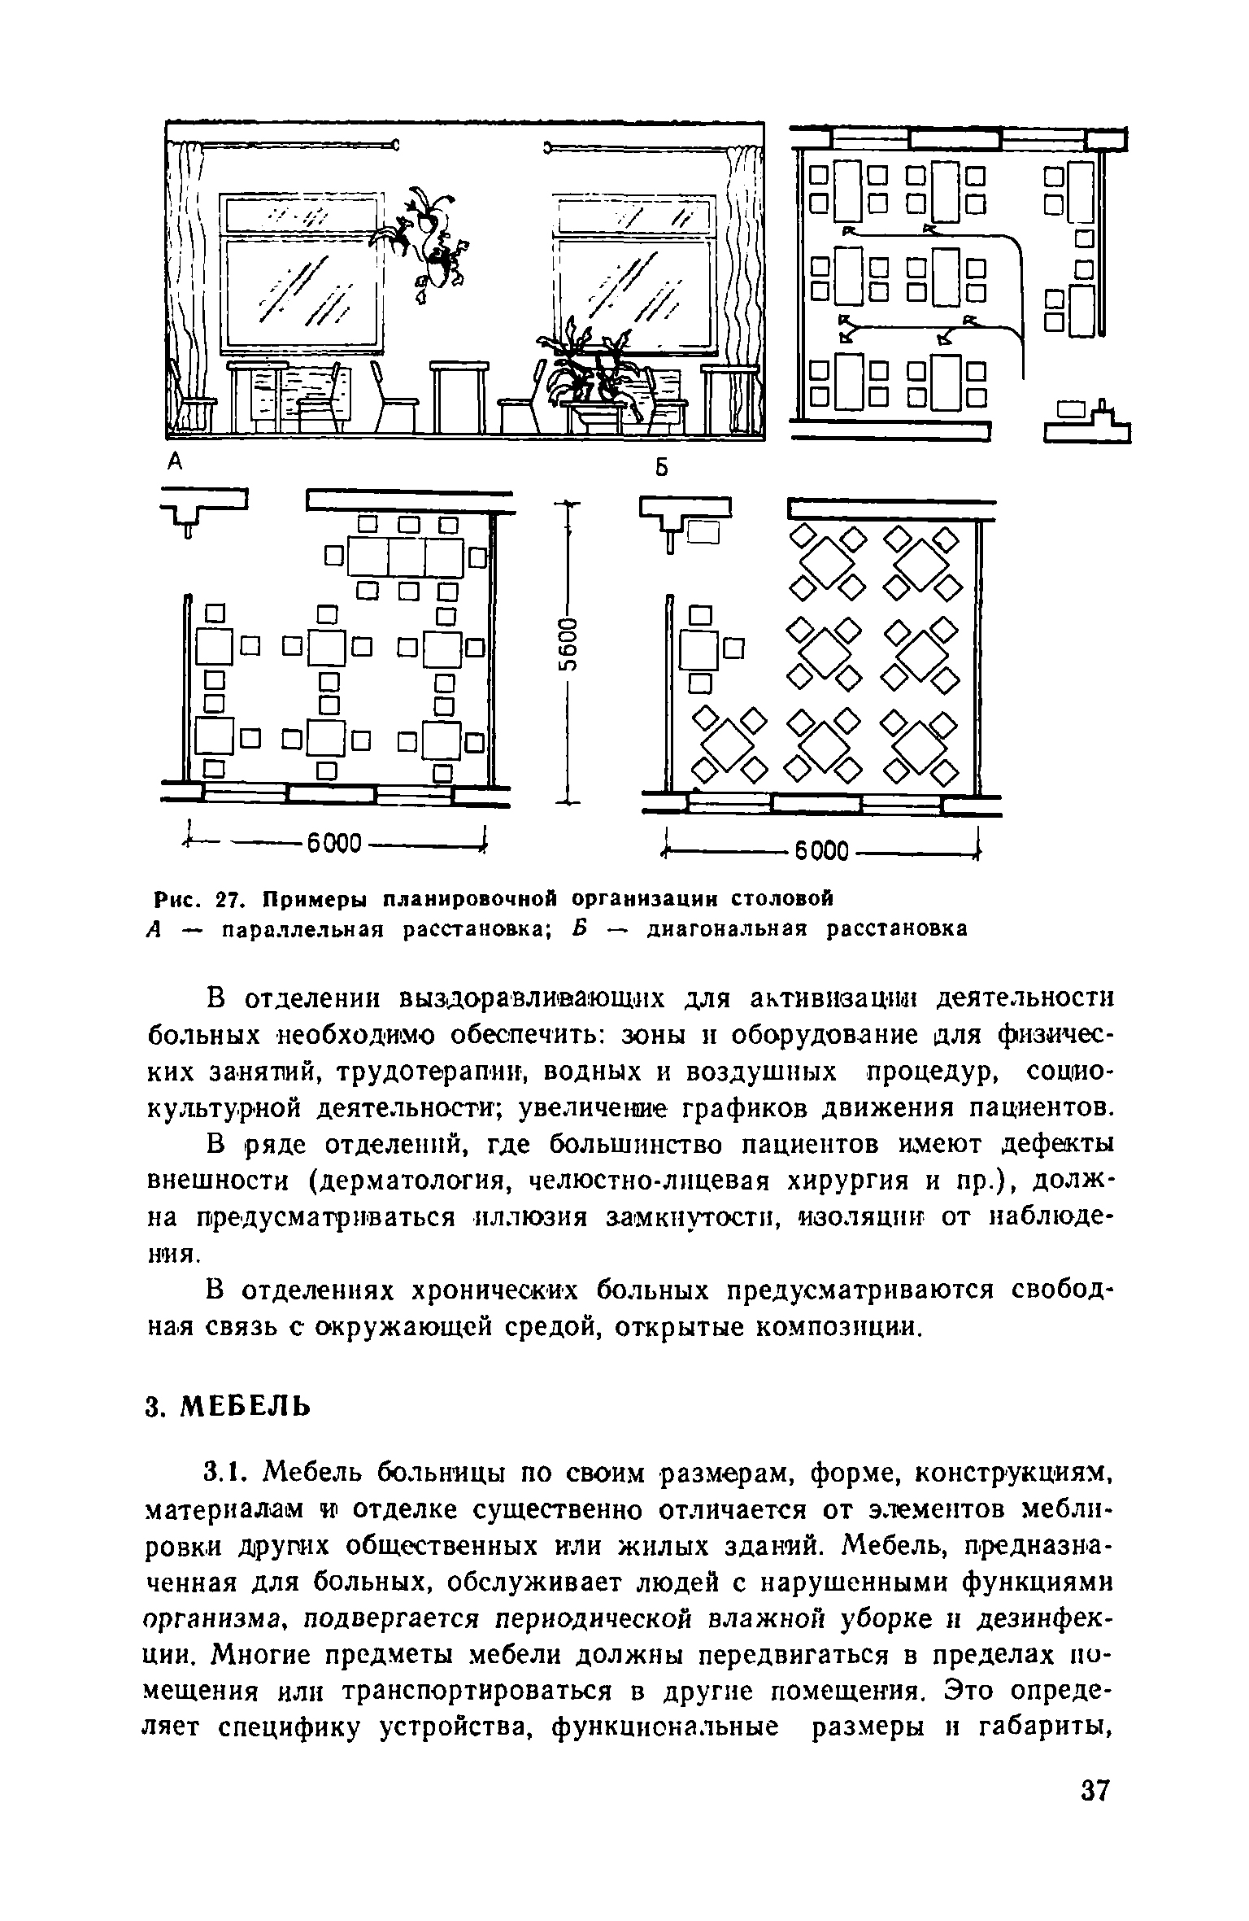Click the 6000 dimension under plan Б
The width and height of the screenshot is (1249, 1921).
click(x=821, y=853)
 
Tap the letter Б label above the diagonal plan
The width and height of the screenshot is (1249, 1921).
click(x=662, y=469)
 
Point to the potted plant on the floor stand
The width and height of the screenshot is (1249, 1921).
click(x=590, y=370)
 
